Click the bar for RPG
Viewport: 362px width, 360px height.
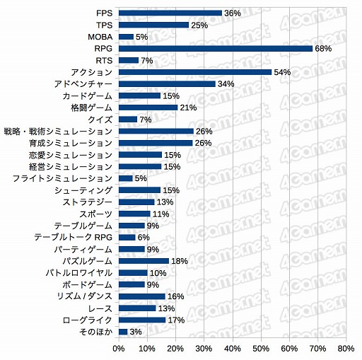point(216,48)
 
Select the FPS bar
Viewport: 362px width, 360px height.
point(170,13)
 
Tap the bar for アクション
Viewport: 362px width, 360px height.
point(195,72)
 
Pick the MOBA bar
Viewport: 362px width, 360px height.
point(126,36)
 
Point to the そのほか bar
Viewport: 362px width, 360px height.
point(123,331)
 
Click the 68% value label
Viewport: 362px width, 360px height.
point(323,48)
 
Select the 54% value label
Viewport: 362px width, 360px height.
point(283,72)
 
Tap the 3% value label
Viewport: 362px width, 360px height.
point(136,331)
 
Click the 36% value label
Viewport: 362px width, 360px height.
point(233,13)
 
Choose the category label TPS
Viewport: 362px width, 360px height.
point(103,25)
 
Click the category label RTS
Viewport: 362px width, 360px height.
point(103,60)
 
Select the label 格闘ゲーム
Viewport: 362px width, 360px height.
point(91,108)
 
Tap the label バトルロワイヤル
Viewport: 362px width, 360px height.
point(78,272)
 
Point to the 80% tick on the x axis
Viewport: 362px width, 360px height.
point(346,349)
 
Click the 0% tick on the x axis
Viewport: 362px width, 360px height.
point(119,349)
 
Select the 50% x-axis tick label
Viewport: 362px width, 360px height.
point(261,349)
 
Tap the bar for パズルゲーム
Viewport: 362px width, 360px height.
point(144,260)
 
